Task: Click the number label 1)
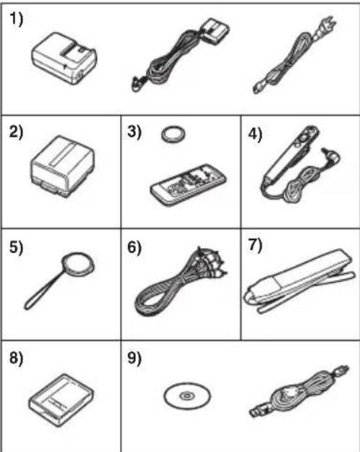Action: click(16, 20)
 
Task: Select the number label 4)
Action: click(255, 134)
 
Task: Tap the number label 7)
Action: click(255, 246)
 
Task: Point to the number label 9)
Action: click(135, 358)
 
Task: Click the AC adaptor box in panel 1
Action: click(64, 59)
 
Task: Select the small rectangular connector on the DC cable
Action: click(215, 30)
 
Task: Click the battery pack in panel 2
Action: click(63, 166)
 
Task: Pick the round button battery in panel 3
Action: click(173, 135)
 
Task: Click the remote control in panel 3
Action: click(188, 185)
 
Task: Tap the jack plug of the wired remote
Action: click(331, 154)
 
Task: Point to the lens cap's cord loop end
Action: click(28, 305)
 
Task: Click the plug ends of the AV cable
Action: click(213, 262)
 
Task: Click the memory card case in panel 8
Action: click(61, 400)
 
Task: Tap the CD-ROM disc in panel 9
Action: click(187, 396)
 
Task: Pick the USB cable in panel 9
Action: click(299, 391)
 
